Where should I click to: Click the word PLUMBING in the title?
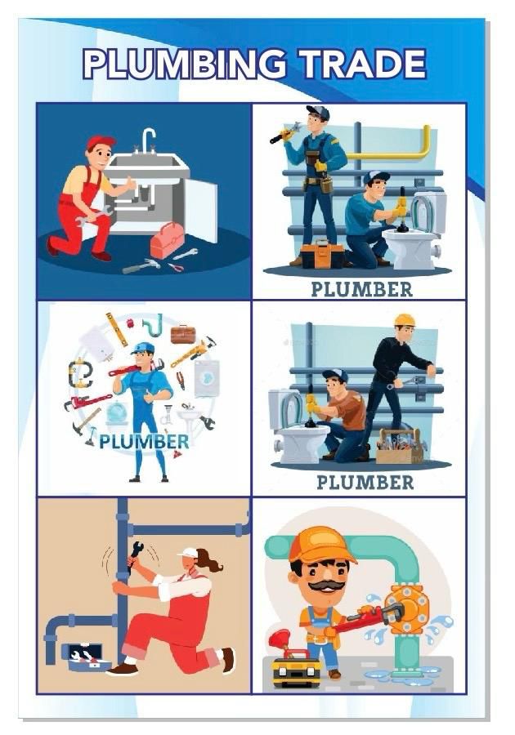[184, 64]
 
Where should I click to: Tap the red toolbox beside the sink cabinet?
[168, 239]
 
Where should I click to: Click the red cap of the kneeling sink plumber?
[100, 141]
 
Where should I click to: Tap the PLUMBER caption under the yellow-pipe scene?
[361, 289]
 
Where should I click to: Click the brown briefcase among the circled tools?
[183, 334]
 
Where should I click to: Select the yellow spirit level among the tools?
[117, 329]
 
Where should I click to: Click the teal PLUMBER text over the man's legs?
[144, 442]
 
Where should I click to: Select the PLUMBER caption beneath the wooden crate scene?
[365, 483]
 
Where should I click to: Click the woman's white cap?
[189, 552]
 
